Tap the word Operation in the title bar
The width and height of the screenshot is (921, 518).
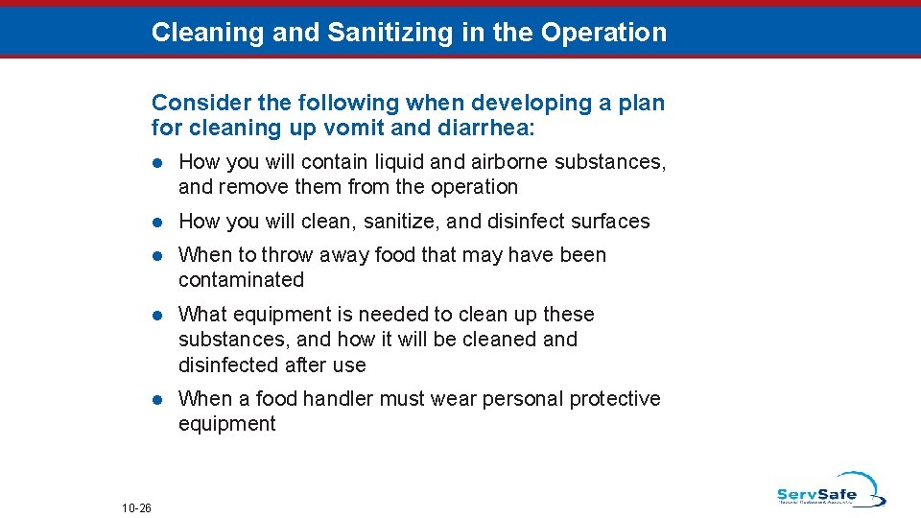point(603,33)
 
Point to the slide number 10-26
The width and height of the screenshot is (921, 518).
point(137,507)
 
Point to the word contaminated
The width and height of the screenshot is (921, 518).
point(241,280)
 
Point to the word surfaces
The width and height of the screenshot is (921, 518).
point(616,222)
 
